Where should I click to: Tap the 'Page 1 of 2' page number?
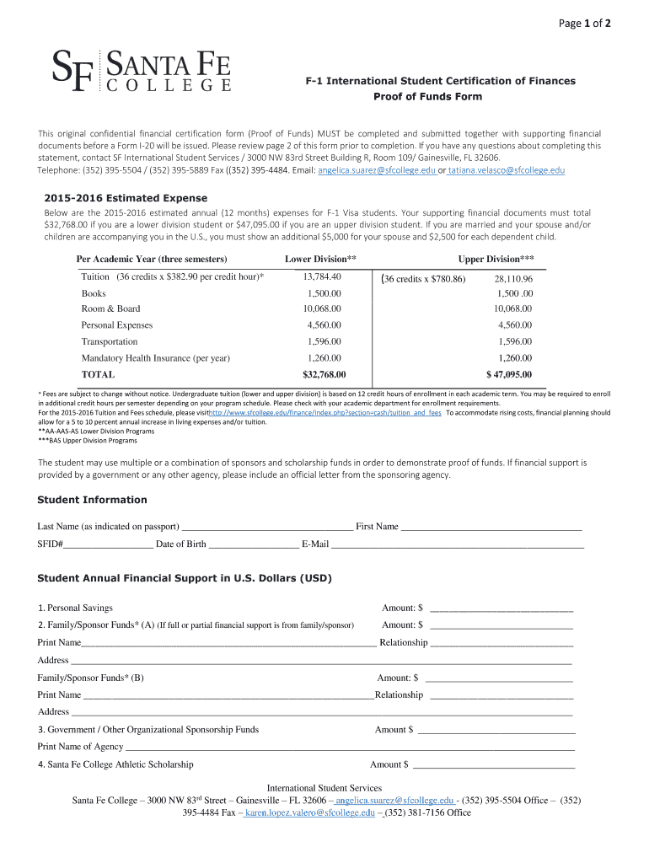pos(585,23)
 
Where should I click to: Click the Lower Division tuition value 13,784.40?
pos(324,277)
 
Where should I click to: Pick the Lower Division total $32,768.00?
pos(324,374)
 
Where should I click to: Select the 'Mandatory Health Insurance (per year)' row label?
pos(155,358)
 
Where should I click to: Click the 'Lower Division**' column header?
pos(320,259)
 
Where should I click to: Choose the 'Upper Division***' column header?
pos(496,259)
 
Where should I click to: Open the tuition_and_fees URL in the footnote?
pos(324,413)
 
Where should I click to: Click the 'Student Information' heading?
pos(92,500)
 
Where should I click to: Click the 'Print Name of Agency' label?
pos(80,747)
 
